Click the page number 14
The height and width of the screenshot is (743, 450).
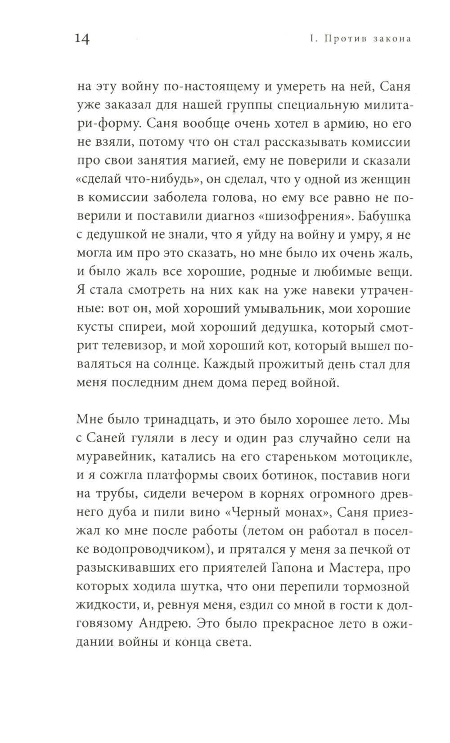82,40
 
